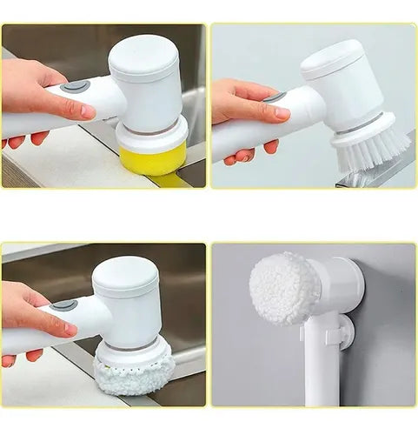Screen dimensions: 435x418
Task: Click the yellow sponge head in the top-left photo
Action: click(153, 159)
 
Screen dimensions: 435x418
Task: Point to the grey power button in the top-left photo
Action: click(76, 86)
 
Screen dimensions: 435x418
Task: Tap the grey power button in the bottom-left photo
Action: click(63, 305)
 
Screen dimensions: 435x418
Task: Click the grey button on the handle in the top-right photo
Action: click(276, 97)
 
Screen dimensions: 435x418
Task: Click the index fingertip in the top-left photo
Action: click(88, 112)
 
